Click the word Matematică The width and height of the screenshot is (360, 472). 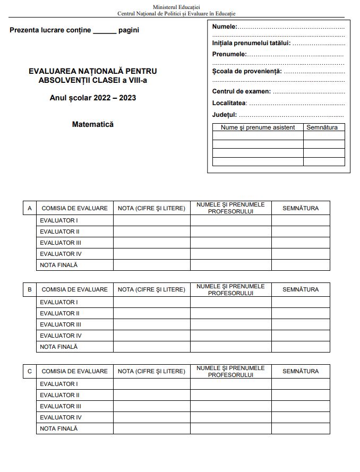93,125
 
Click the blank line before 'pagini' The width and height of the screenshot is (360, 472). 105,31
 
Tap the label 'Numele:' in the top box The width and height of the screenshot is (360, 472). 225,27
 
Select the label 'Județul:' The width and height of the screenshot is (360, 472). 225,115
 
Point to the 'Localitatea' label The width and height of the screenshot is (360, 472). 229,103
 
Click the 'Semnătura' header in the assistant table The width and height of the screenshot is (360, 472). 322,127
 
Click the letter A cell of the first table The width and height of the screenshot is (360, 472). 30,208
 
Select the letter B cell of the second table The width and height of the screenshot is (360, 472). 30,289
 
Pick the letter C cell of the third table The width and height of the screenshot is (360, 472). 30,371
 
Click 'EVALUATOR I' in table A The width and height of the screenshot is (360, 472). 58,220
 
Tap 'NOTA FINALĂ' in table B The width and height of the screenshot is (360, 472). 58,347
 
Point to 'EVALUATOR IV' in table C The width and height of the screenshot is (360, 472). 61,417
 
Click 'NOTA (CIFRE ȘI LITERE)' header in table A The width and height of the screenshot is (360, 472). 151,208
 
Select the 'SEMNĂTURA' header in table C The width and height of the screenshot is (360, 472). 301,371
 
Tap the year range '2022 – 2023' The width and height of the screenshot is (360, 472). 114,98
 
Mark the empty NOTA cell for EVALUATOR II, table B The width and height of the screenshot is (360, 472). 151,313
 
